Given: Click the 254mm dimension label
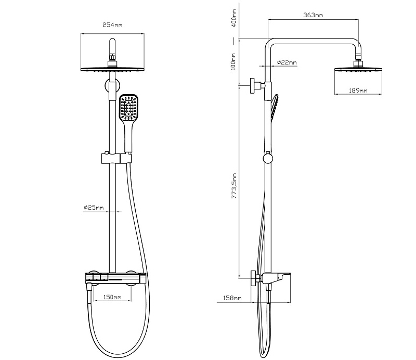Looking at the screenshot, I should coord(112,25).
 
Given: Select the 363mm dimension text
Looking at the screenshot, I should coord(313,15).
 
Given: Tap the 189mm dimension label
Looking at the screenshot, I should coord(357,91).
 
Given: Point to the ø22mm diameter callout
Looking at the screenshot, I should coord(287,62).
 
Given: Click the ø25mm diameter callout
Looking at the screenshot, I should coord(94,208).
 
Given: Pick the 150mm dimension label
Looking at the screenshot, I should coord(112,297).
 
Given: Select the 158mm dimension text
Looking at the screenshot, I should coord(231,298).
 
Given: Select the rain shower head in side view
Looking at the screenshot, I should coord(358,69).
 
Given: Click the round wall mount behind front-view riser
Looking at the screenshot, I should coord(112,86).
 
